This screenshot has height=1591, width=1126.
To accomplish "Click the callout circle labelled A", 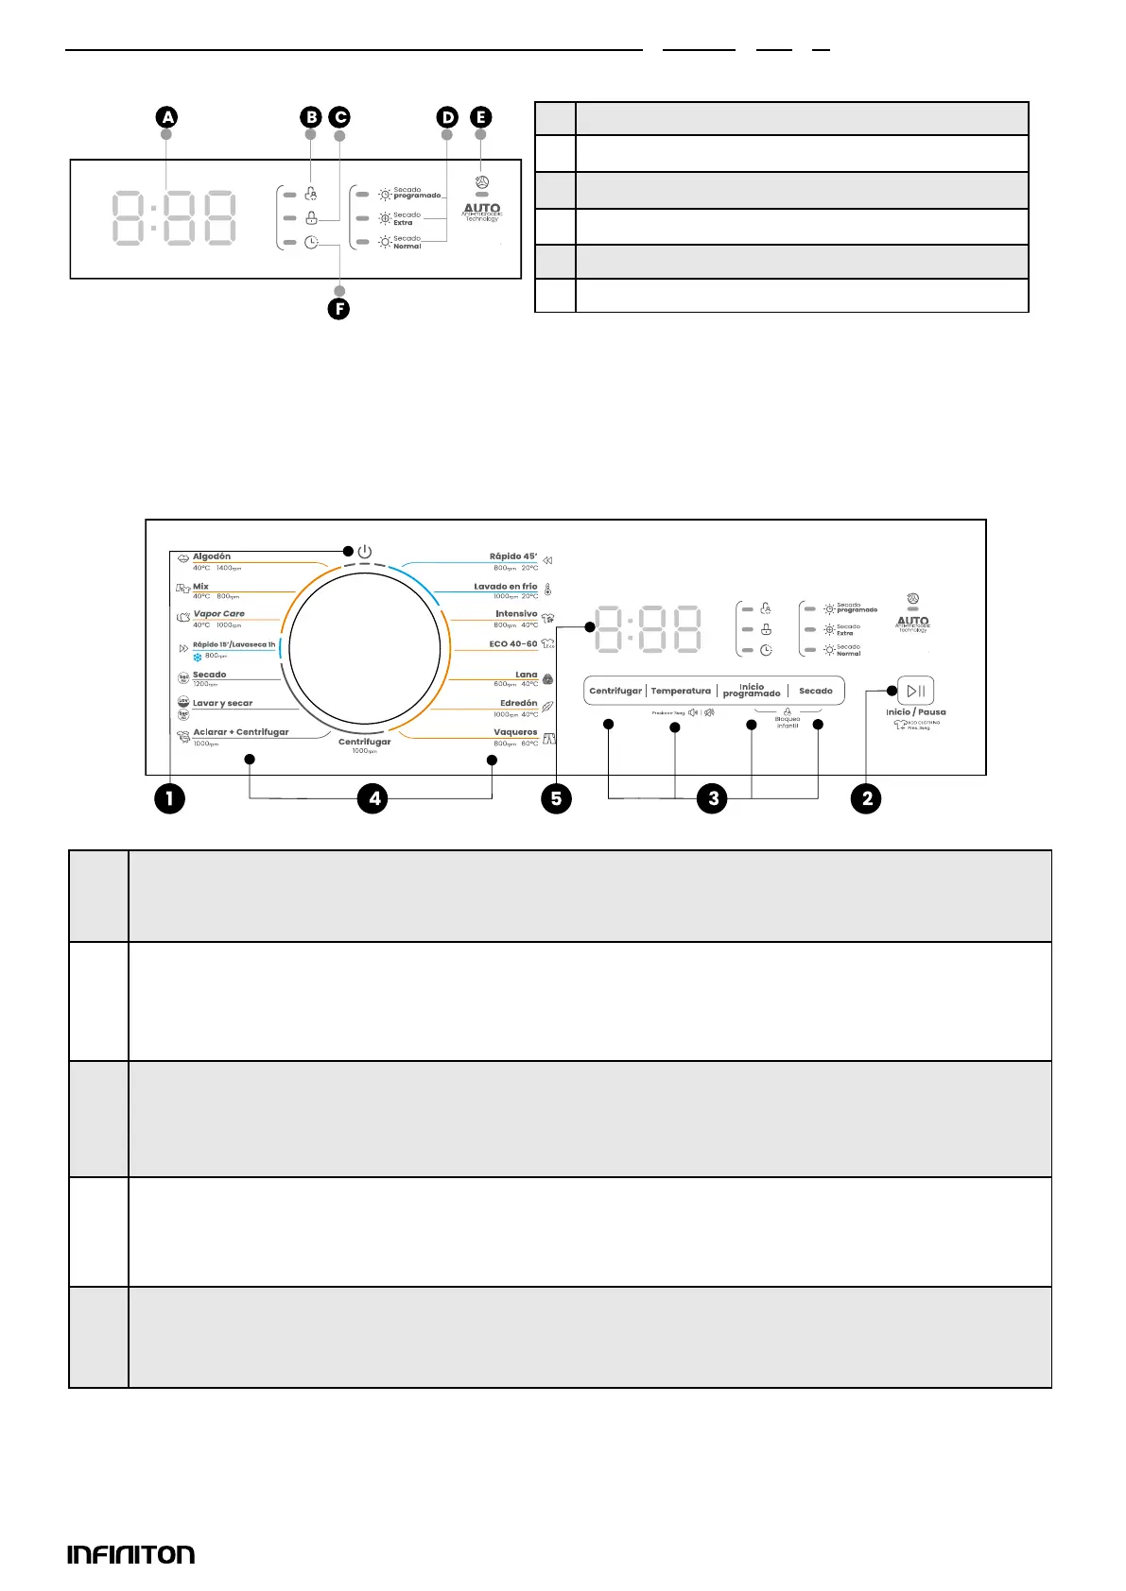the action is point(167,117).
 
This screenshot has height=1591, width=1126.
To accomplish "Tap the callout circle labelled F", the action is point(338,309).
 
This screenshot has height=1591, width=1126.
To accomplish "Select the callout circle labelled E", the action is point(481,117).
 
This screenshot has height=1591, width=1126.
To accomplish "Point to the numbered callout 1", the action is point(169,798).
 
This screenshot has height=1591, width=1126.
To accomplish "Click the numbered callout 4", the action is point(374,798).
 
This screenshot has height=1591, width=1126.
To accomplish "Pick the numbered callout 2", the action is point(866,798).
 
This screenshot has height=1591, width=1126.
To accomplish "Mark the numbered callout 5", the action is point(556,798).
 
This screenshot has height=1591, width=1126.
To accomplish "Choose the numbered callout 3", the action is point(713,798).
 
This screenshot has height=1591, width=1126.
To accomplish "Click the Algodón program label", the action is point(212,556).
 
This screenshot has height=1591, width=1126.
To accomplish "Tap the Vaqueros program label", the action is point(515,732).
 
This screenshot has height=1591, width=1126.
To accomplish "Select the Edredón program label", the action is point(518,703).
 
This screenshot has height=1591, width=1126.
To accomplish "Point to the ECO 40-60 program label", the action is point(513,643).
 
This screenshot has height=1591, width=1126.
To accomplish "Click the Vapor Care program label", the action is point(219,614).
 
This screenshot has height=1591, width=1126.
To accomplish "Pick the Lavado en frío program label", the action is point(506,587).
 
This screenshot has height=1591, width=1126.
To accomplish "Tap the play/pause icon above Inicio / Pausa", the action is point(915,691).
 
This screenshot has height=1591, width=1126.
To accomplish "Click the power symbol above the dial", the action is point(365,551).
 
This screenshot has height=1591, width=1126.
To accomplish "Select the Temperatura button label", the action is point(681,691).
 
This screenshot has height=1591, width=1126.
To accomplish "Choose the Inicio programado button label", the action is point(752,691).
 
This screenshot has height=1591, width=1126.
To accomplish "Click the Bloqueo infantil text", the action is point(788,723).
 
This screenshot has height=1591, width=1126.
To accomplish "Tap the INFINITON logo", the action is point(131,1554).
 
